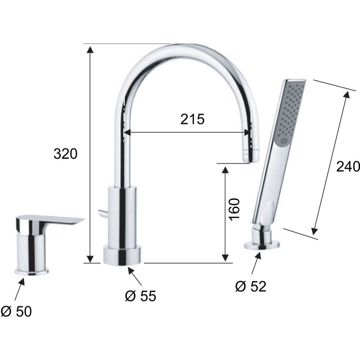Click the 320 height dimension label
click(x=66, y=154)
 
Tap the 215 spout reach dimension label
click(x=192, y=119)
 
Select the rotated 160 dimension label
click(x=234, y=210)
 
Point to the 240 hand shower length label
click(x=348, y=166)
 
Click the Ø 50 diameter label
click(x=16, y=311)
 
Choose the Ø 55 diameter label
click(x=140, y=296)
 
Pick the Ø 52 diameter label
click(x=251, y=286)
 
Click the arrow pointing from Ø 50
click(x=19, y=289)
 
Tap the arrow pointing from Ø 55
click(x=135, y=276)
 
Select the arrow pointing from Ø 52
click(x=256, y=263)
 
